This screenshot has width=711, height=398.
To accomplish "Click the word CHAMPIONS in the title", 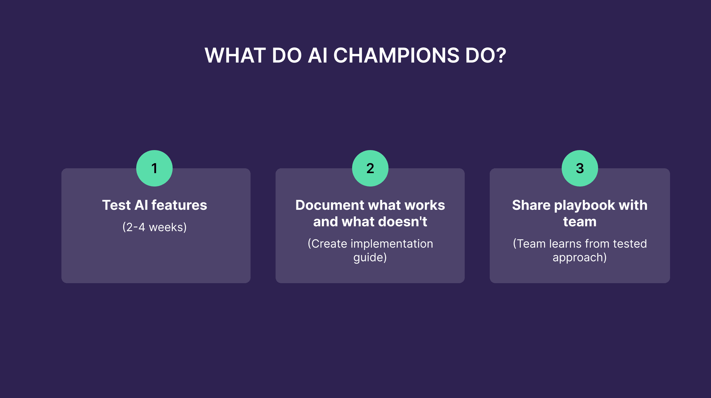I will pos(396,55).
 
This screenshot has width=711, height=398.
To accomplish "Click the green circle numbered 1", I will pos(154,168).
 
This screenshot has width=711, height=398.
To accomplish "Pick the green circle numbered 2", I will pos(370,168).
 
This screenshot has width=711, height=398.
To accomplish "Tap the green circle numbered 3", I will pos(580,168).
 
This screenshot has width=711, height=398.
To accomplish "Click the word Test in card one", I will pos(116,205).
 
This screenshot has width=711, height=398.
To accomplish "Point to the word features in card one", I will pos(179,205).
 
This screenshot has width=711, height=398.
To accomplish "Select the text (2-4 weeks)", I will pos(154,227).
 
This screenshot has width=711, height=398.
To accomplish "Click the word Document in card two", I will pos(330,205).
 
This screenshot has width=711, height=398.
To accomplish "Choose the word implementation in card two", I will pos(392,244).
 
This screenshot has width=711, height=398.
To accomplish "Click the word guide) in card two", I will pos(370,258).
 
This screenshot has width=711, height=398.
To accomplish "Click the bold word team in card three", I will pos(580,222).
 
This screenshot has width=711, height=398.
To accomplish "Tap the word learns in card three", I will pos(565,244).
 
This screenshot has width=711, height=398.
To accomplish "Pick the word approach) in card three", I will pos(580,258).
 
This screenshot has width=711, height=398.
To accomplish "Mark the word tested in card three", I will pos(630,244).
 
